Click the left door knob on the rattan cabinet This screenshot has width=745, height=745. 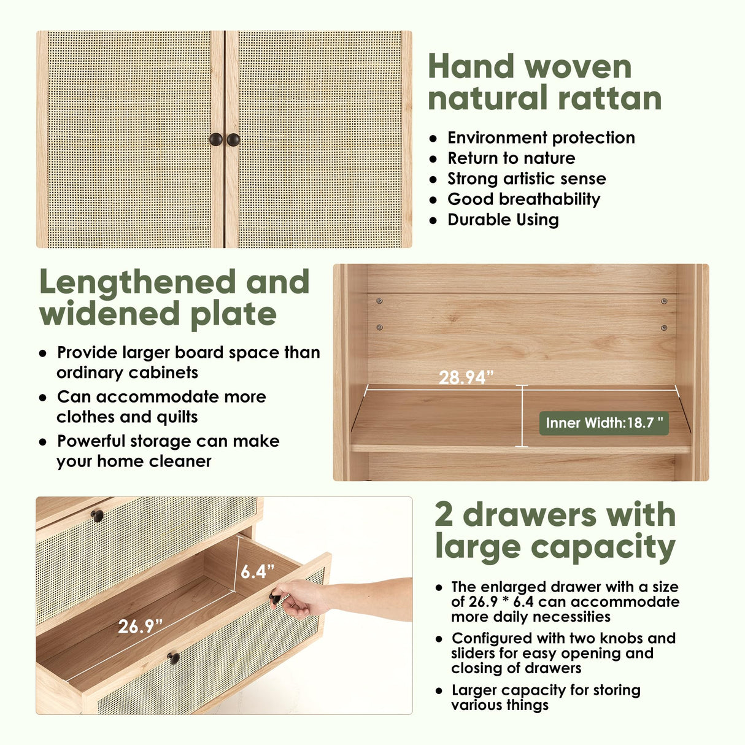pyautogui.click(x=216, y=139)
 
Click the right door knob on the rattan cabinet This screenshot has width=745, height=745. pyautogui.click(x=233, y=139)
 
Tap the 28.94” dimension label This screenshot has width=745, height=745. pyautogui.click(x=466, y=377)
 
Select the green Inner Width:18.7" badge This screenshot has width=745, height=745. pyautogui.click(x=604, y=423)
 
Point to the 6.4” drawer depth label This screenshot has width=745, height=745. pyautogui.click(x=257, y=571)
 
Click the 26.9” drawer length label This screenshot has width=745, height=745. pyautogui.click(x=141, y=626)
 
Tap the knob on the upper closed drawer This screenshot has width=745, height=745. pyautogui.click(x=97, y=515)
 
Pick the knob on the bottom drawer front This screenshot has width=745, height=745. pyautogui.click(x=174, y=658)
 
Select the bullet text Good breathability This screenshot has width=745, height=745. pyautogui.click(x=523, y=199)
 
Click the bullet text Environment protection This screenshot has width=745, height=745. pyautogui.click(x=541, y=137)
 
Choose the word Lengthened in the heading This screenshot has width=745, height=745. pyautogui.click(x=137, y=282)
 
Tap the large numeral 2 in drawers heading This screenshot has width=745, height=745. pyautogui.click(x=444, y=514)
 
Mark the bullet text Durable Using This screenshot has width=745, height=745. pyautogui.click(x=503, y=220)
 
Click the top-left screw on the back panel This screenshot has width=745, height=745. pyautogui.click(x=379, y=301)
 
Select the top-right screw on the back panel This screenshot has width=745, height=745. pyautogui.click(x=664, y=301)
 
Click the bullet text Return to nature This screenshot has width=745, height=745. pyautogui.click(x=511, y=158)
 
